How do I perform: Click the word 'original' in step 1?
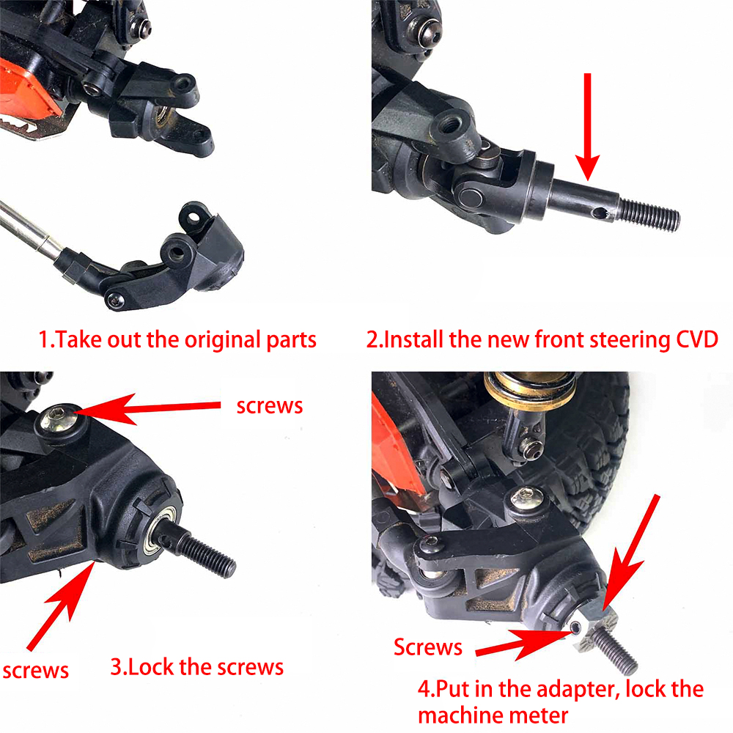pyautogui.click(x=223, y=340)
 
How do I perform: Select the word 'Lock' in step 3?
pyautogui.click(x=151, y=667)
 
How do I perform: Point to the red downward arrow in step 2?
pyautogui.click(x=588, y=126)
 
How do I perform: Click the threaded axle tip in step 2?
pyautogui.click(x=649, y=215)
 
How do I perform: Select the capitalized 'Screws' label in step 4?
pyautogui.click(x=428, y=647)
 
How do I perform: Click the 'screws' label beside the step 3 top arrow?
pyautogui.click(x=270, y=406)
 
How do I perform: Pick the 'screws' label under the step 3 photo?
pyautogui.click(x=35, y=671)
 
